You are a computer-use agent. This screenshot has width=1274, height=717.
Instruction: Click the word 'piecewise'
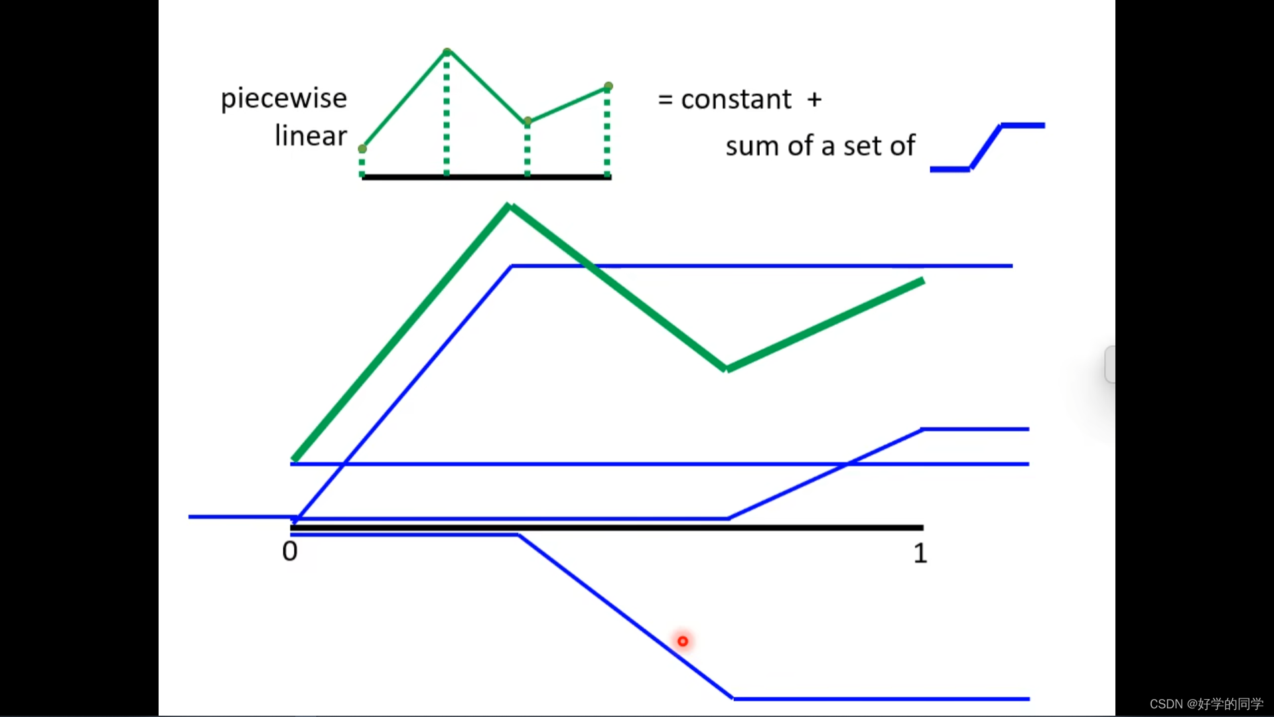click(283, 99)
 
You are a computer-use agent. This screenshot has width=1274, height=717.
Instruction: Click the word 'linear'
click(311, 136)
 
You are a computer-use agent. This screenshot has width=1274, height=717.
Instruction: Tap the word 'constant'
click(736, 100)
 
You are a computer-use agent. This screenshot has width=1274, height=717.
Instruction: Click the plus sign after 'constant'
click(814, 100)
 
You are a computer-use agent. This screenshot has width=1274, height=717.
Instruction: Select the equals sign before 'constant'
click(665, 100)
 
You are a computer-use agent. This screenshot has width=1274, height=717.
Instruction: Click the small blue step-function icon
click(987, 147)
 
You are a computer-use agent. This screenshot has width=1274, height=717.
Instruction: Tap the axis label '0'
click(290, 551)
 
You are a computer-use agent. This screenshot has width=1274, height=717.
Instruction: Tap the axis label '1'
click(920, 553)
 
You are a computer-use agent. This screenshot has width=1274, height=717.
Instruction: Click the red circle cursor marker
click(683, 641)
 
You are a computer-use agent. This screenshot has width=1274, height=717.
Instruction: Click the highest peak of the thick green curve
click(510, 207)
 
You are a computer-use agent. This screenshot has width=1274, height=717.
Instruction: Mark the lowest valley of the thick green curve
click(727, 368)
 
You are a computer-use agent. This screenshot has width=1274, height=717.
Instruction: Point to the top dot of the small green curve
click(447, 52)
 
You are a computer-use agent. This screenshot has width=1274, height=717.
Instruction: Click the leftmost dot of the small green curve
click(362, 149)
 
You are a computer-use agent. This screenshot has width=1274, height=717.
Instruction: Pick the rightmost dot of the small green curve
click(608, 86)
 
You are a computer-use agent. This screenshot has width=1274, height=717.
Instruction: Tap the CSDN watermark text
click(1206, 704)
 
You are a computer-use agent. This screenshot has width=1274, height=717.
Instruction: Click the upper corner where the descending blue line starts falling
click(519, 535)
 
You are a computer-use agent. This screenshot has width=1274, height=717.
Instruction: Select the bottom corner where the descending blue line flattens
click(733, 698)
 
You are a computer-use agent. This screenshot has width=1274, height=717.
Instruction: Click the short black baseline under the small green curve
click(486, 177)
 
